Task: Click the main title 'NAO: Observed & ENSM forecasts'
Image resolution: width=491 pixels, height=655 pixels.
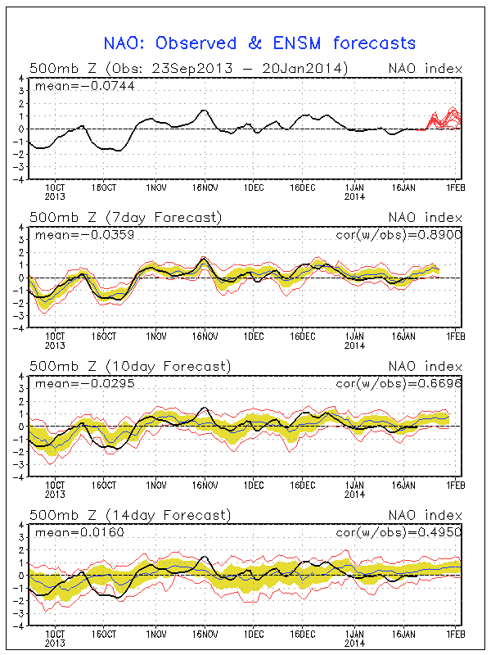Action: tap(259, 43)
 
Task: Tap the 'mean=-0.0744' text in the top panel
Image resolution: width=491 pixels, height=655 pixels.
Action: tap(72, 85)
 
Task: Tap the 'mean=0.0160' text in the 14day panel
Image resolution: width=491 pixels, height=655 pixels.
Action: tap(69, 533)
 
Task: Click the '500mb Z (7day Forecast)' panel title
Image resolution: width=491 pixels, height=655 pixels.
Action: tap(125, 217)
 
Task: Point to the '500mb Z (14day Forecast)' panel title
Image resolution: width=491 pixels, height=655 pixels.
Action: tap(129, 515)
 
